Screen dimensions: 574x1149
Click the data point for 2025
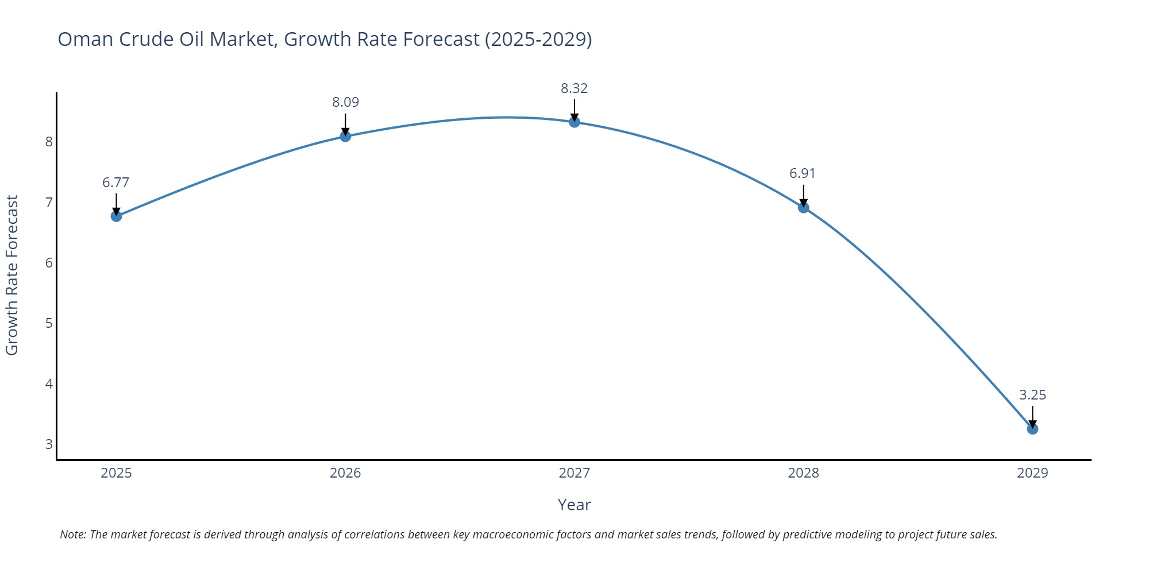click(116, 216)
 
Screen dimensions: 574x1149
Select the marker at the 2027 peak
click(574, 122)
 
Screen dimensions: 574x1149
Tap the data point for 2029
click(1032, 429)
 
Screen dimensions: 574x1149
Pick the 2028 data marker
click(804, 207)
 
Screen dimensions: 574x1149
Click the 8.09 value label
click(345, 102)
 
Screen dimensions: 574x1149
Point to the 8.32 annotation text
click(574, 88)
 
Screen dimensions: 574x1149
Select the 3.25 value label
click(1032, 395)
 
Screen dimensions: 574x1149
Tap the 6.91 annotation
click(803, 173)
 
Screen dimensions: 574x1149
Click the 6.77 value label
click(116, 183)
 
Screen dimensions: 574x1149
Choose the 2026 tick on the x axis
click(345, 473)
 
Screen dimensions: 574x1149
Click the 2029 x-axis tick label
click(1032, 473)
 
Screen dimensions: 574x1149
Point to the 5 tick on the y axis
click(49, 323)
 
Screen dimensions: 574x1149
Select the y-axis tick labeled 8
click(49, 142)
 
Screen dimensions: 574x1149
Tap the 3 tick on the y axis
click(49, 444)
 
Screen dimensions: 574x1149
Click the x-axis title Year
click(574, 505)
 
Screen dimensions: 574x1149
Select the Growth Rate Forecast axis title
click(13, 276)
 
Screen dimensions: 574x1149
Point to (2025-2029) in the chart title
click(538, 39)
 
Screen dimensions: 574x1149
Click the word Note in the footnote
click(72, 534)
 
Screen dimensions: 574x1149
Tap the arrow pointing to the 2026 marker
click(345, 123)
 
